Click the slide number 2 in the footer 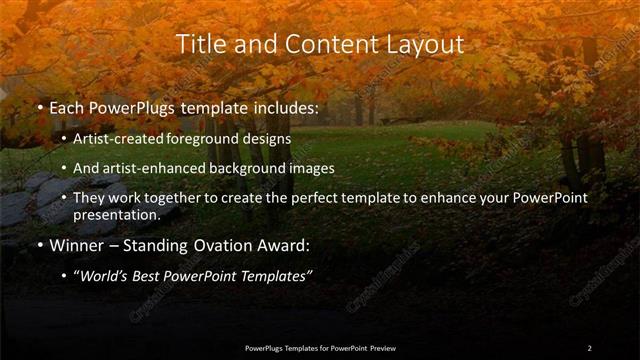[x=589, y=347]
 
